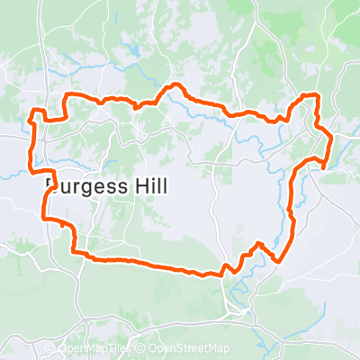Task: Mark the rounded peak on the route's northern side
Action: point(175,86)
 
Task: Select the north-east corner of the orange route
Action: point(316,95)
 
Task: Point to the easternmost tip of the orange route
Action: point(332,139)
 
